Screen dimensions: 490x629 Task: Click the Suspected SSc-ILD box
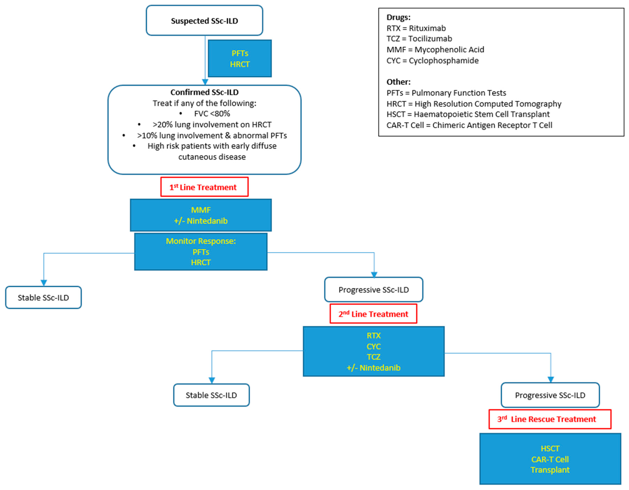point(204,21)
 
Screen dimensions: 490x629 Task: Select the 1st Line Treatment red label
point(204,187)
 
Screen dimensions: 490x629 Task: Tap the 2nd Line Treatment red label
point(373,314)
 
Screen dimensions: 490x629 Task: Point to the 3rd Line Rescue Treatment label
point(550,419)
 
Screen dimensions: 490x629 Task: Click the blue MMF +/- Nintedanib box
point(201,215)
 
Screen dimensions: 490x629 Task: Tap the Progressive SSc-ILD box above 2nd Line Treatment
point(374,289)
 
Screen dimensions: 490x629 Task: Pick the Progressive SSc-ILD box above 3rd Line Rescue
point(550,395)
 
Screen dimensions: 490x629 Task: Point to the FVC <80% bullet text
point(212,114)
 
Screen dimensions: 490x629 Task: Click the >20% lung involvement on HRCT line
point(212,125)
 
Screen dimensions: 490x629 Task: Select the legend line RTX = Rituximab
point(416,28)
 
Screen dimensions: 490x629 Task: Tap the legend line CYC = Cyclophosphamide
point(433,61)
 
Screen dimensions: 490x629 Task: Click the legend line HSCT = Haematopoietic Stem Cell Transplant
point(468,114)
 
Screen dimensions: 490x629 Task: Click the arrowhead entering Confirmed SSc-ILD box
point(205,82)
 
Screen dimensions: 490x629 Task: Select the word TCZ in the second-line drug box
point(374,357)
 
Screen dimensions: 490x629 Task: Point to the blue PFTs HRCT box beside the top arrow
point(240,58)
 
